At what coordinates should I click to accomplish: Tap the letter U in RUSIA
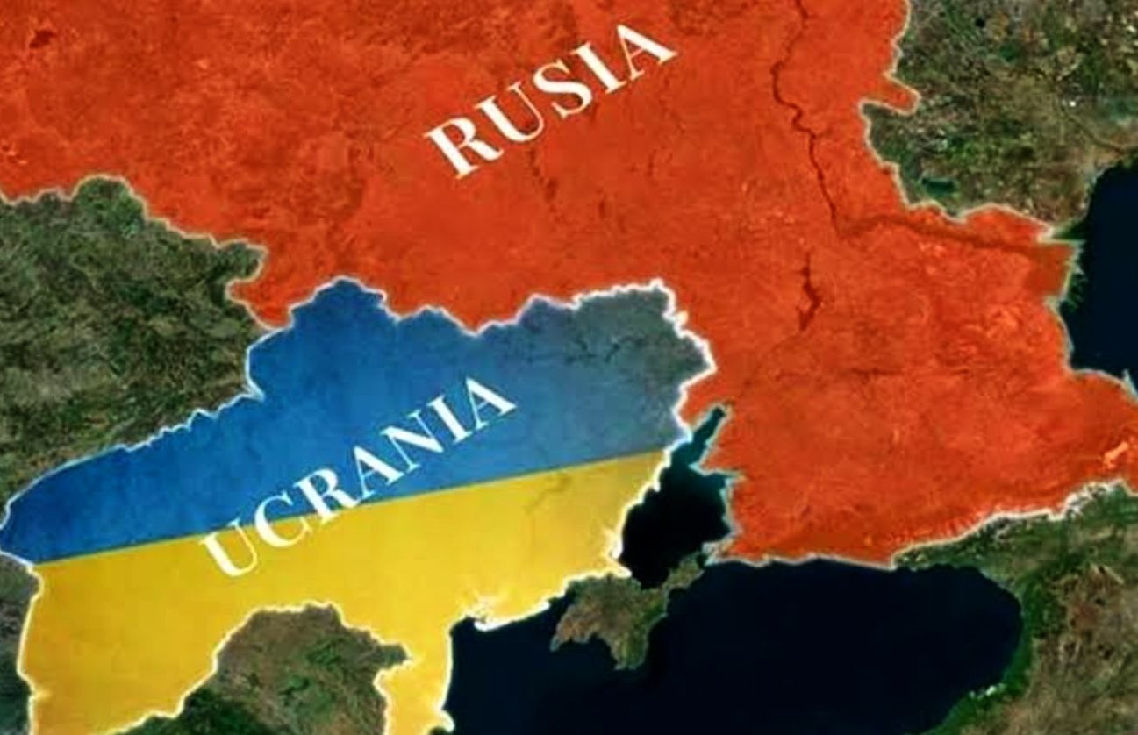511,118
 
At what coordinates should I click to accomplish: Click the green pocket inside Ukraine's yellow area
290,667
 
